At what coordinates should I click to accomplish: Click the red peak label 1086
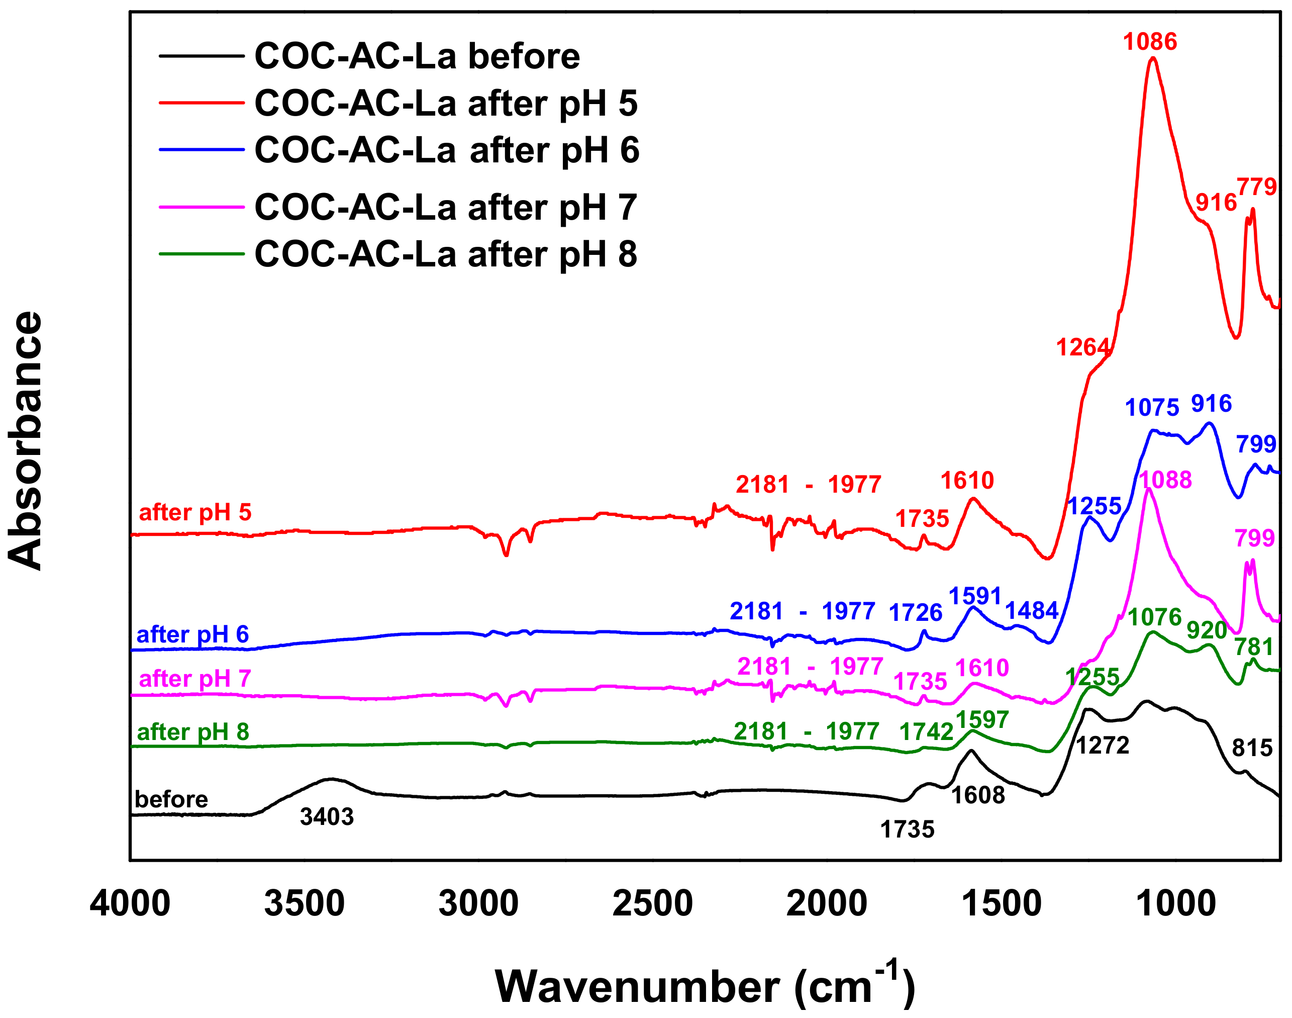point(1150,42)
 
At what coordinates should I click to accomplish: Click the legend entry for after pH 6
point(446,150)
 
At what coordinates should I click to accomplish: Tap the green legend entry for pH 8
point(446,254)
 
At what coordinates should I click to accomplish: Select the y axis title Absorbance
point(26,440)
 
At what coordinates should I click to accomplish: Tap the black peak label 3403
point(327,817)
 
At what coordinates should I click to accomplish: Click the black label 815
point(1252,748)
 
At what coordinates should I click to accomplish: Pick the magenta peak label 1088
point(1165,480)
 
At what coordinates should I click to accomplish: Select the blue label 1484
point(1032,611)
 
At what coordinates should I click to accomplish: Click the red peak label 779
point(1257,187)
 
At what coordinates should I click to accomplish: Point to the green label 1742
point(926,732)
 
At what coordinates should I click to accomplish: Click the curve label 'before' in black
point(171,799)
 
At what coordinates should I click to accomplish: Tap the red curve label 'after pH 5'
point(195,513)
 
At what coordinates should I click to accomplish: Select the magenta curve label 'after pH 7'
point(195,679)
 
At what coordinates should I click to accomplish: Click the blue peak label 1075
point(1152,408)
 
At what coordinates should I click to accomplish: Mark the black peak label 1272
point(1103,746)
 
